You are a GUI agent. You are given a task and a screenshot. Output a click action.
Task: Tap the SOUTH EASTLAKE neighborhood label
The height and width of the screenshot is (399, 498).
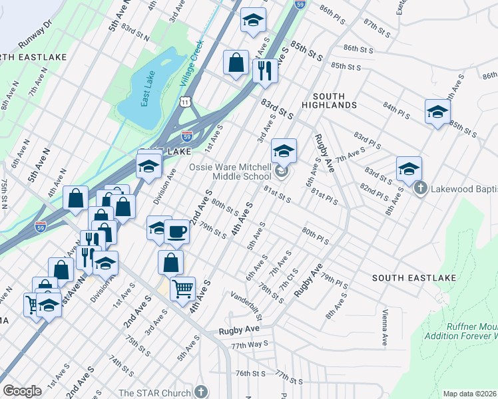click(x=405, y=277)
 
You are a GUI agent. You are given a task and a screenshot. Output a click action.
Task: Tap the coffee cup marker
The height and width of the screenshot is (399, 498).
click(x=176, y=231)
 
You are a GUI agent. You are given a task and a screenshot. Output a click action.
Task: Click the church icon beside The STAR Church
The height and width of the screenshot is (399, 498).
click(x=202, y=392)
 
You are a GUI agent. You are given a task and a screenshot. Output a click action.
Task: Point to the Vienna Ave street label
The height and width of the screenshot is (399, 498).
click(x=384, y=327)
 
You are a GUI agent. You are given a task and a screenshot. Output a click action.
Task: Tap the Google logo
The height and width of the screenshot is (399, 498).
click(x=23, y=390)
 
